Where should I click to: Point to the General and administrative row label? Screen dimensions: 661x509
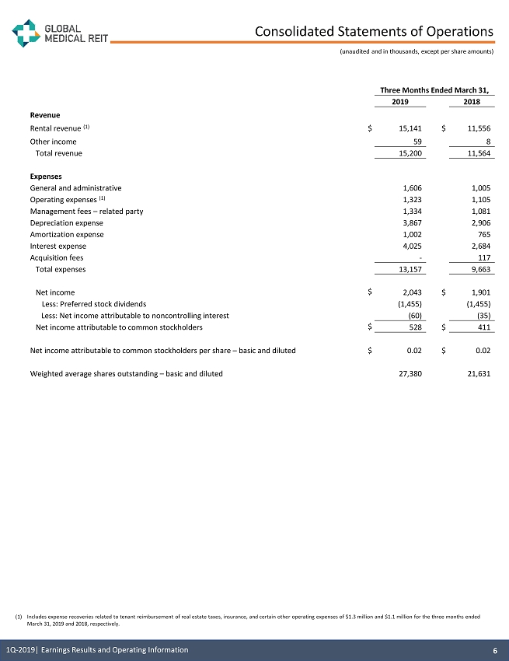click(x=75, y=188)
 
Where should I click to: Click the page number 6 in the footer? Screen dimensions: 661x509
click(x=494, y=650)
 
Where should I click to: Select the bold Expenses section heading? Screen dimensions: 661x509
click(x=46, y=177)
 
